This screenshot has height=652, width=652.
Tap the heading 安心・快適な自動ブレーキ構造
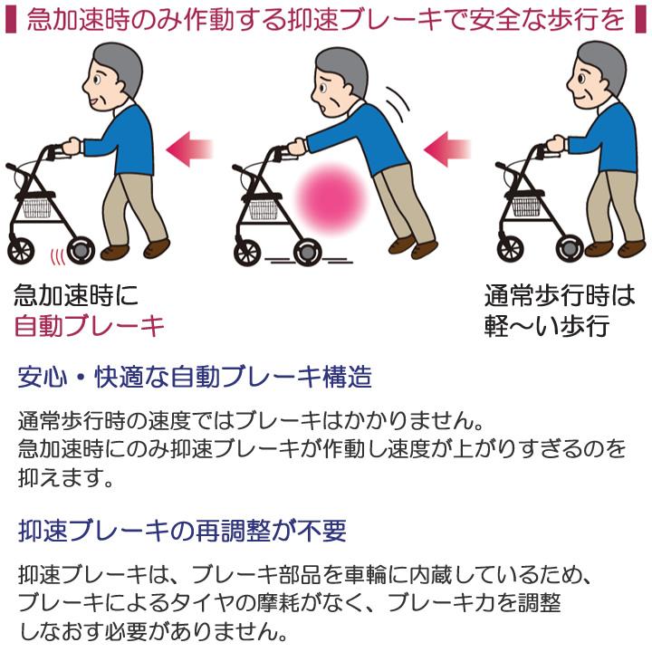[195, 377]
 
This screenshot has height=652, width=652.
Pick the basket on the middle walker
[265, 209]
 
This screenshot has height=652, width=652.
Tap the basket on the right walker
[526, 205]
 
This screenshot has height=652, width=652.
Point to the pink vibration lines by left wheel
[58, 254]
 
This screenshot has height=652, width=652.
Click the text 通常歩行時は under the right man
[559, 295]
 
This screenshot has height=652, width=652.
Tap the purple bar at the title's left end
[12, 20]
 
